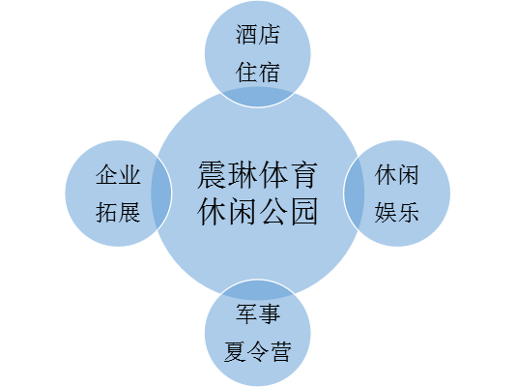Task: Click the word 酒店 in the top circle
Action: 258,35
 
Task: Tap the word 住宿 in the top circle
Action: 258,73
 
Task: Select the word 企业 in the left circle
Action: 118,174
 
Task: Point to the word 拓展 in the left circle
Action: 118,212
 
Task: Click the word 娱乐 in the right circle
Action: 397,212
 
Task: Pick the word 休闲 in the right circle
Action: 397,174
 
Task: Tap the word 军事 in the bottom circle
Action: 258,313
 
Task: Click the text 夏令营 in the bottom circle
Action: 258,352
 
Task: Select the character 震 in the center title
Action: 213,174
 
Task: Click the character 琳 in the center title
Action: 243,174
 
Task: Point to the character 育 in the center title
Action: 303,174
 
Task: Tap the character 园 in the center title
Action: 303,211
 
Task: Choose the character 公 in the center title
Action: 272,211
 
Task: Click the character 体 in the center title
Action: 272,174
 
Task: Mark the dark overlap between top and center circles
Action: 258,97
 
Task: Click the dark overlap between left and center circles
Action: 161,193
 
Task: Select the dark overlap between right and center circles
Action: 354,193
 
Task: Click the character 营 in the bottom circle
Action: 280,352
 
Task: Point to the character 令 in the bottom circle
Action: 258,352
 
